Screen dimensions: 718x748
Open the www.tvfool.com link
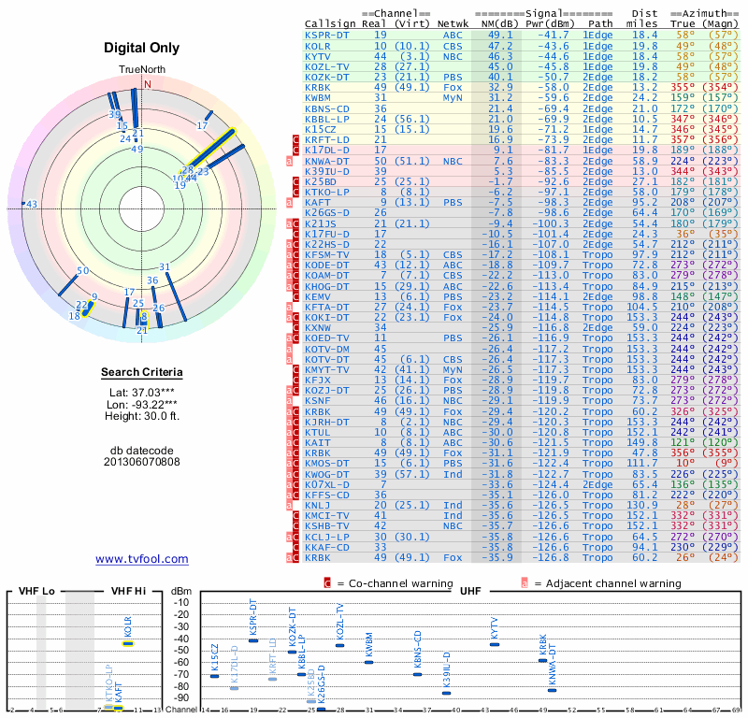coord(141,559)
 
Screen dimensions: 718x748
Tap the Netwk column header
coord(453,23)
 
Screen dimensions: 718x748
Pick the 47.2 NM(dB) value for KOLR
coord(499,46)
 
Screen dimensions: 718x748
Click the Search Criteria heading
coord(141,373)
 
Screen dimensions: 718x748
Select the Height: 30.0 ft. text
coord(141,416)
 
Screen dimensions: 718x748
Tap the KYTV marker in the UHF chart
coord(495,644)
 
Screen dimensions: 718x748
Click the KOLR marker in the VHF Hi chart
coord(129,643)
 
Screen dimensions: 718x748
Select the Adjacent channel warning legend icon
coord(525,582)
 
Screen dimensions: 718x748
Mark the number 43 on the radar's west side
coord(32,204)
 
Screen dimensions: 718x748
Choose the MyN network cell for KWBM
coord(453,97)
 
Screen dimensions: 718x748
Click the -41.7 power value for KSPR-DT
coord(546,35)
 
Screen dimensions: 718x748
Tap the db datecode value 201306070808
coord(141,462)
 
